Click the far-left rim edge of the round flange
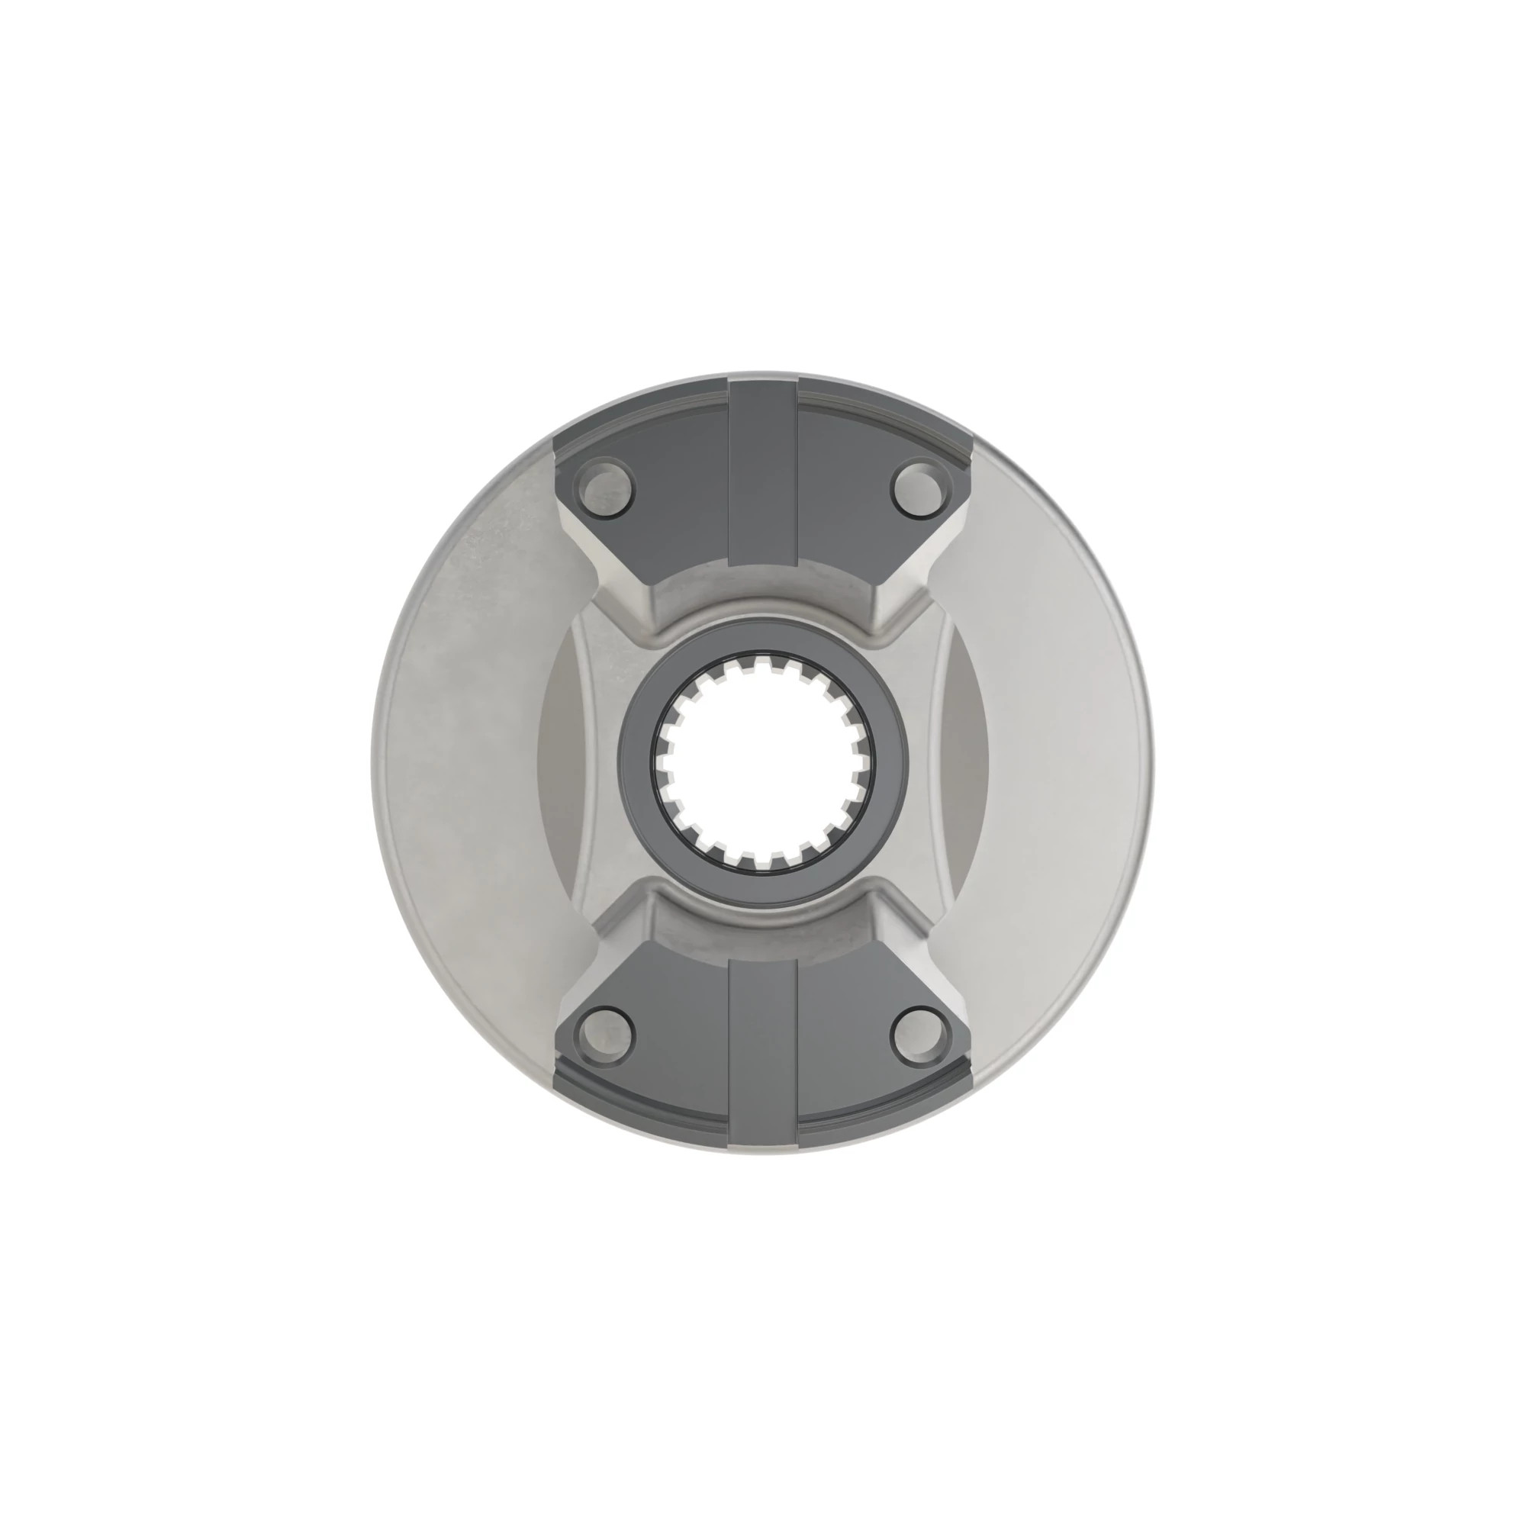tap(376, 762)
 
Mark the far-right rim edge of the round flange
tap(1149, 762)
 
